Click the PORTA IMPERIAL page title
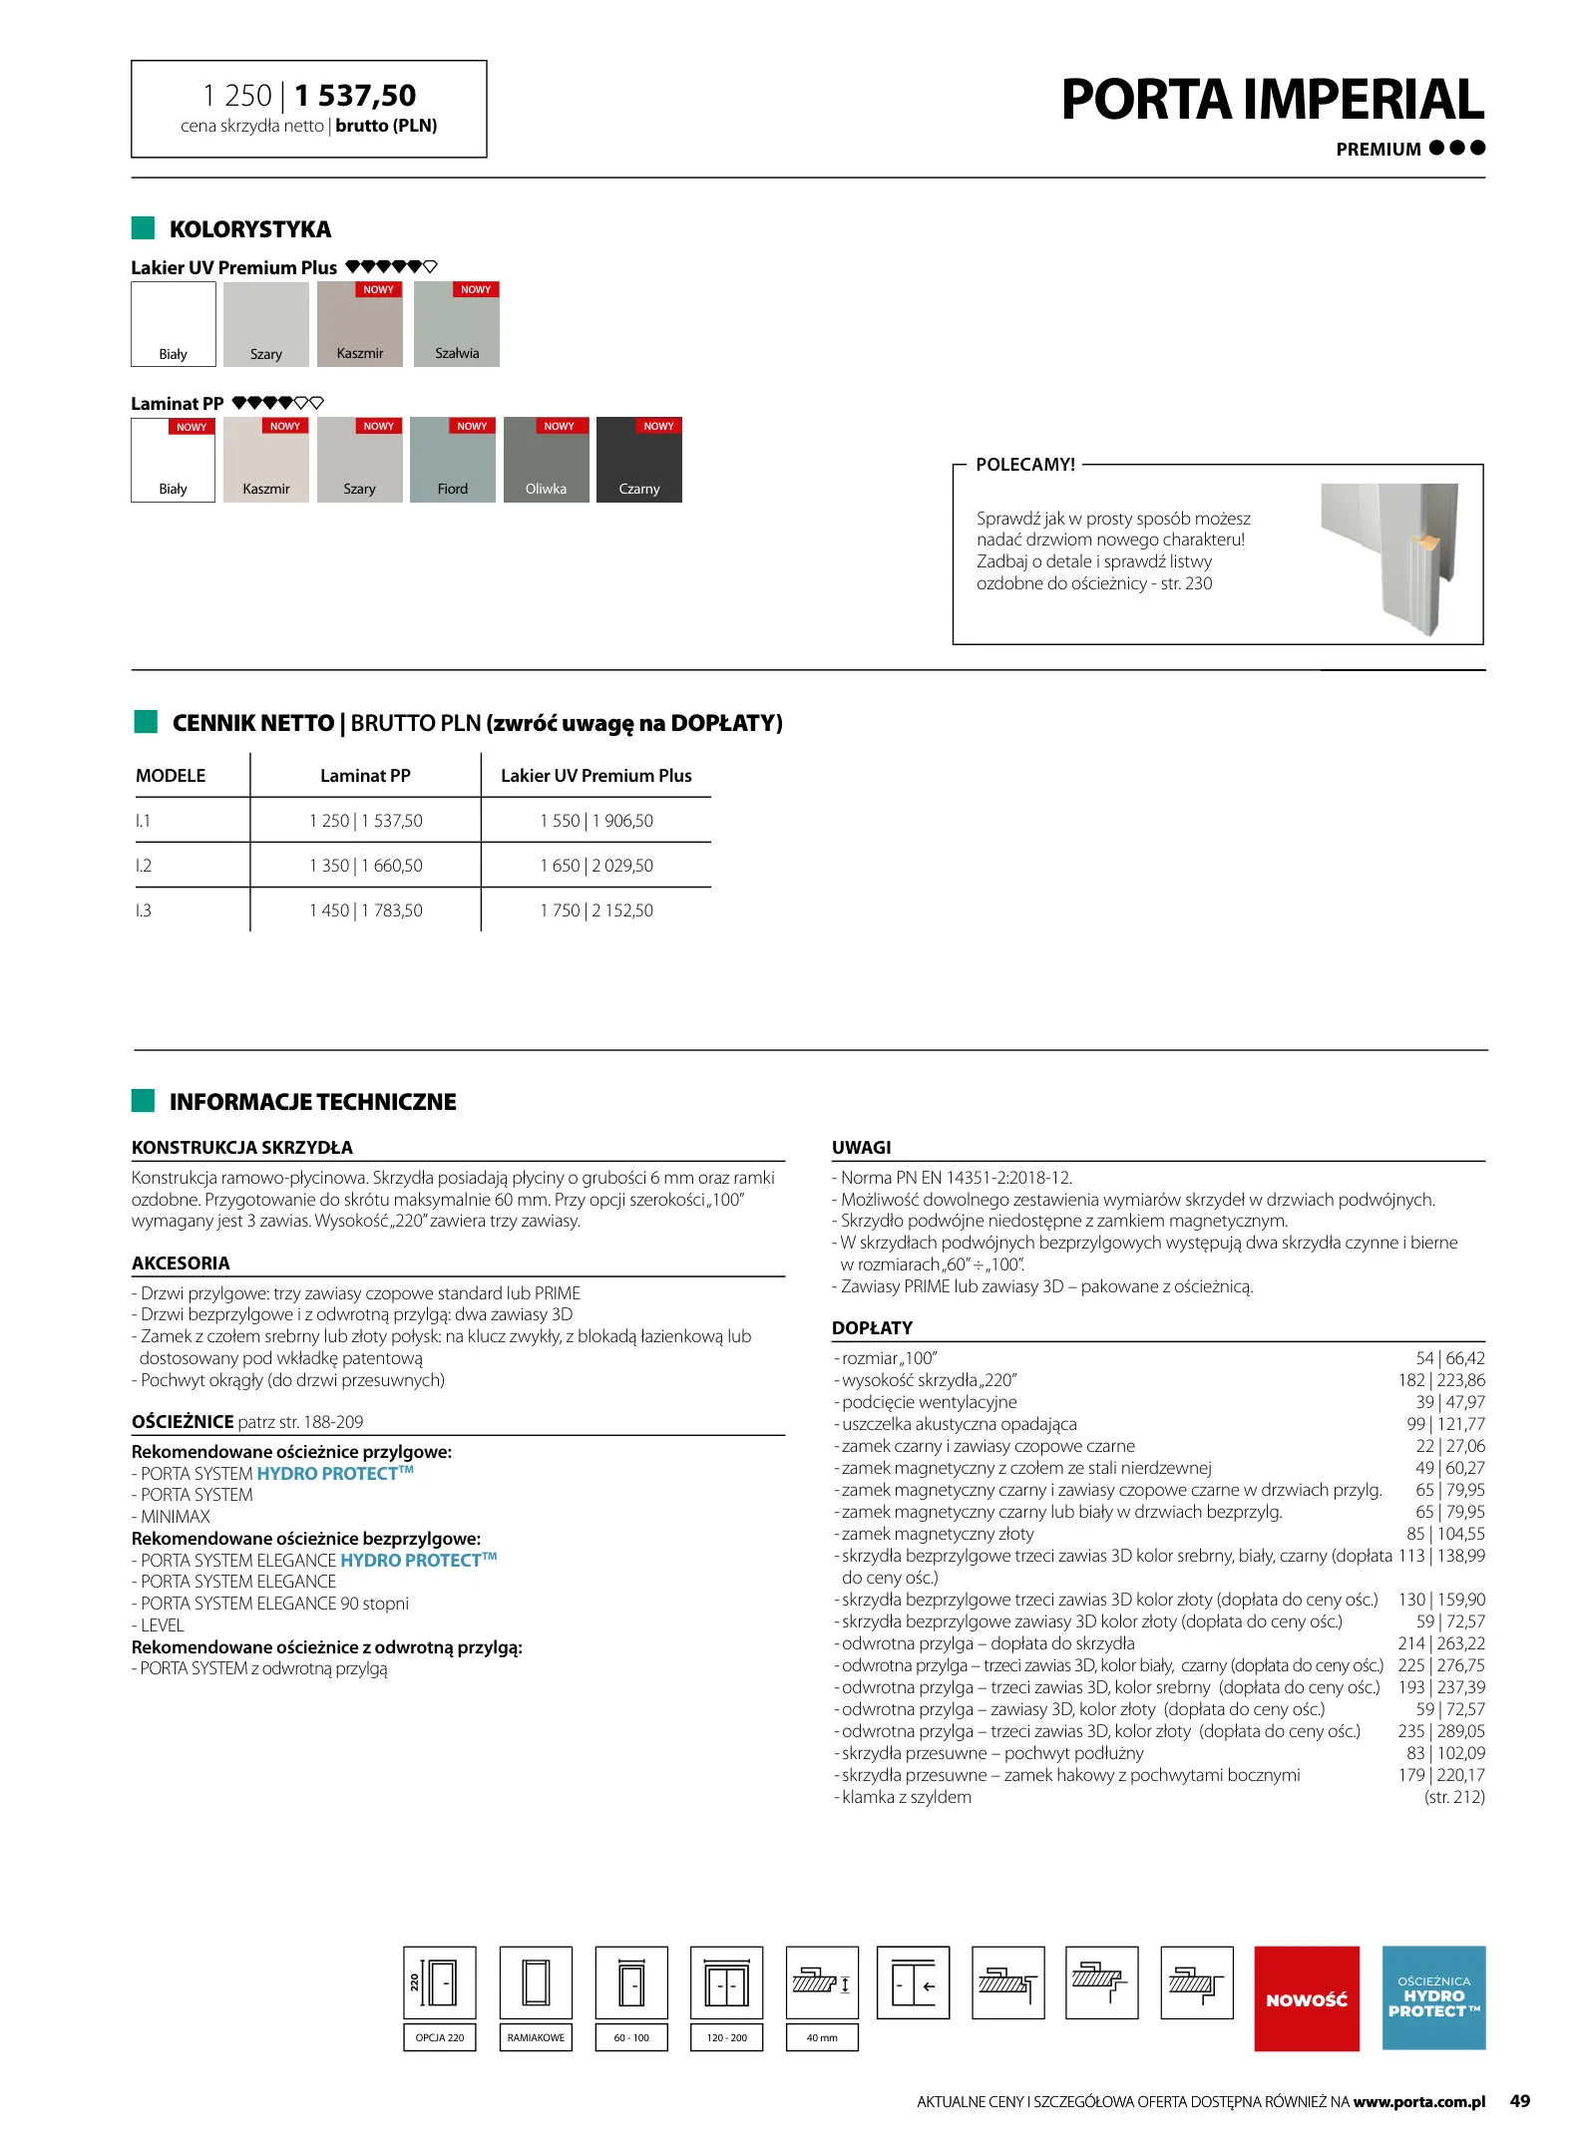pos(1272,100)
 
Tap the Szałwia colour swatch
pos(456,325)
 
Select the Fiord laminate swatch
pos(452,460)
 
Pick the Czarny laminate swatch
pos(638,460)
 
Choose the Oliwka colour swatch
pos(546,460)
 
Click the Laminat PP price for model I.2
pos(365,866)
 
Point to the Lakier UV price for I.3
pos(595,910)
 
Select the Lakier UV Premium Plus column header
pos(595,776)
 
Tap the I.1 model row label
pos(144,821)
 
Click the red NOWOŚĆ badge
pos(1306,1998)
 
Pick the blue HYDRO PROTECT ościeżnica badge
pos(1433,1998)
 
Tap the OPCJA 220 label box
pos(440,2037)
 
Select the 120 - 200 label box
pos(726,2037)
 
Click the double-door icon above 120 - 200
pos(726,1982)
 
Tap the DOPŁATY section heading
pos(872,1328)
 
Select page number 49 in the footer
pos(1519,2101)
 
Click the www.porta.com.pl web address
pos(1418,2102)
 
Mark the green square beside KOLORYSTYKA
pos(143,228)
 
